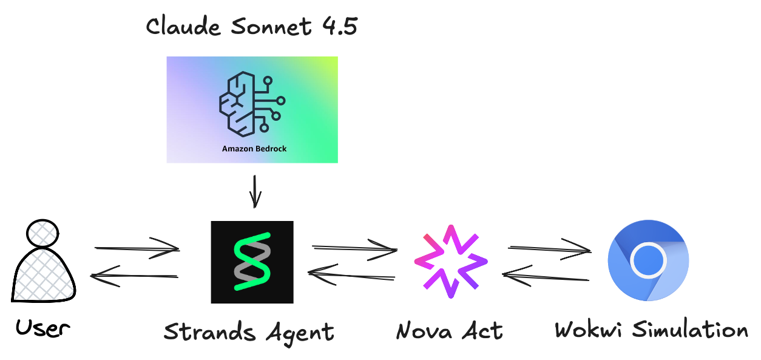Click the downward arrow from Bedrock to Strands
coord(255,191)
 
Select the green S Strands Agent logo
coord(252,262)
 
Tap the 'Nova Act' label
coord(449,331)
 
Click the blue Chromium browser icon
coord(648,260)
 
